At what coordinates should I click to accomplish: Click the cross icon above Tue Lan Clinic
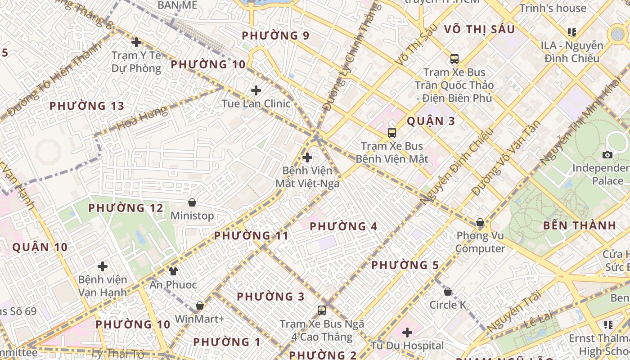pos(256,90)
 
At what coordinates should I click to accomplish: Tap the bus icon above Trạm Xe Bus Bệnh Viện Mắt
pos(392,133)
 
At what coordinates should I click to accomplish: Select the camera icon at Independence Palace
pos(607,155)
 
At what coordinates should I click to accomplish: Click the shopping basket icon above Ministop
pos(192,202)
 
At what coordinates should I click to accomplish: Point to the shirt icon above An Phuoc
pos(173,271)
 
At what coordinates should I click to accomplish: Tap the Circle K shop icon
pos(447,292)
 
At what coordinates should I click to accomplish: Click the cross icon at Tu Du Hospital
pos(407,333)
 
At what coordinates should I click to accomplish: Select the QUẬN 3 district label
pos(431,121)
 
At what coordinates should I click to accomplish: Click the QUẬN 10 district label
pos(40,247)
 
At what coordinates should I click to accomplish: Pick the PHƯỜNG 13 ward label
pos(86,106)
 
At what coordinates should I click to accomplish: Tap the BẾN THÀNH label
pos(579,225)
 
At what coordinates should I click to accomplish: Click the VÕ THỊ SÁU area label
pos(479,29)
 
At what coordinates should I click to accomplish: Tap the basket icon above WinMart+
pos(199,306)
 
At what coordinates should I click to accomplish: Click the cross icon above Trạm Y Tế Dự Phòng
pos(136,42)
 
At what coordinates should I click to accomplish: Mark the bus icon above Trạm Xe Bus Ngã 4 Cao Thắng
pos(322,310)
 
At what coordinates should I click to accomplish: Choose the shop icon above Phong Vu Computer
pos(480,222)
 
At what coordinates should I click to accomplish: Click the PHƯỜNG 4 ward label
pos(343,226)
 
